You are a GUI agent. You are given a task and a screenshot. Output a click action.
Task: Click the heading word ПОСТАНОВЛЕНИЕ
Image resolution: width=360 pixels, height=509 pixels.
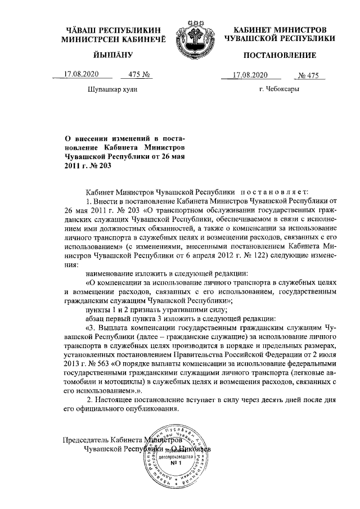coord(280,55)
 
